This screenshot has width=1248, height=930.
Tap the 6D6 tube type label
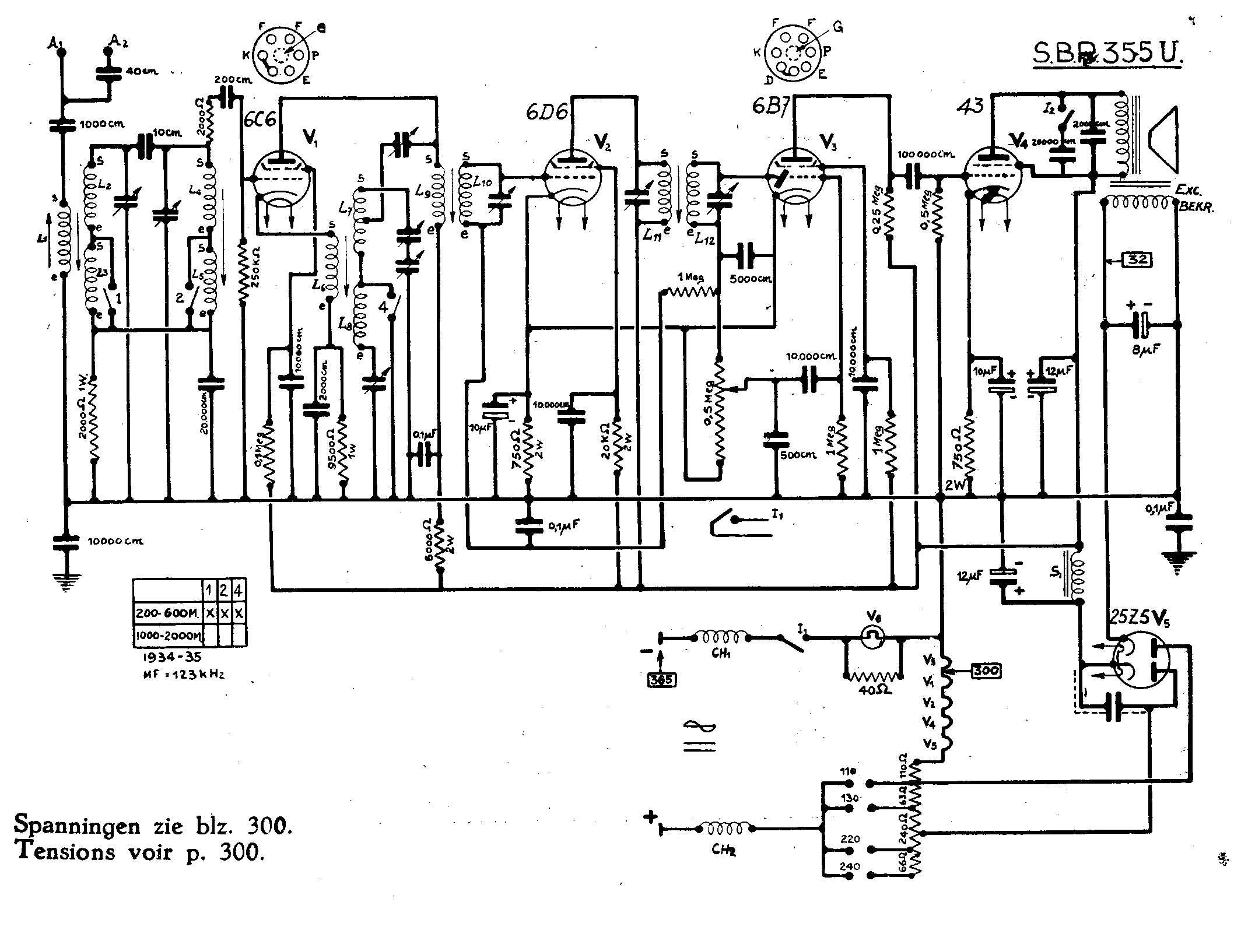pyautogui.click(x=546, y=112)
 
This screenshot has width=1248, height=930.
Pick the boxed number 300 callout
pyautogui.click(x=985, y=671)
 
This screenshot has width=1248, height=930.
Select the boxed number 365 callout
pyautogui.click(x=661, y=679)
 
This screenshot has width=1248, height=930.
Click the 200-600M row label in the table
pyautogui.click(x=167, y=613)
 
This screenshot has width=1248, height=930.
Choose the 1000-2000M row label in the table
pyautogui.click(x=167, y=636)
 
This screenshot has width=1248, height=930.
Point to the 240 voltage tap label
pyautogui.click(x=849, y=866)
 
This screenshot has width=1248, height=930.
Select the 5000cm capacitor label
pyautogui.click(x=751, y=279)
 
